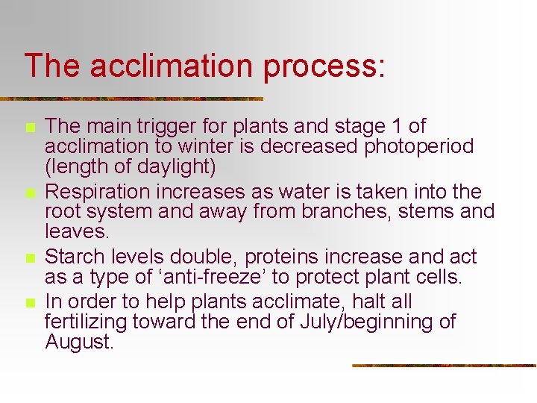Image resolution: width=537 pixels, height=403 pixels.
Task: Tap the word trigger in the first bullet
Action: coord(142,127)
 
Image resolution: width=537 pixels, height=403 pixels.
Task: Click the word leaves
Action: coord(76,231)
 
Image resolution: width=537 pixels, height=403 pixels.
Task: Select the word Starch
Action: coord(76,257)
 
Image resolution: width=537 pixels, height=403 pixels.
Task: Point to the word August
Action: coord(79,342)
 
